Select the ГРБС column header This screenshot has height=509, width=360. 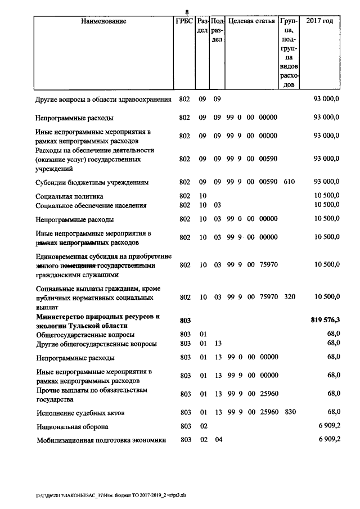click(x=184, y=21)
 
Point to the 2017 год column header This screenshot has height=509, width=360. click(x=319, y=21)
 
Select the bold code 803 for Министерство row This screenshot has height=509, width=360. click(x=185, y=320)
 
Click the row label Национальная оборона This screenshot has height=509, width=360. click(x=72, y=427)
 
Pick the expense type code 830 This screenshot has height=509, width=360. click(x=289, y=412)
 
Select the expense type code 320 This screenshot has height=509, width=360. click(x=289, y=296)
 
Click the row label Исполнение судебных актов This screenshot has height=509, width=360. click(x=80, y=413)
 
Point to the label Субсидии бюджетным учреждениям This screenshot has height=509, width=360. click(x=92, y=183)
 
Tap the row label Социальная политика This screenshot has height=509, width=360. click(x=69, y=196)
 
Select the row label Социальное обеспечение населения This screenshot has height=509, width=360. click(x=91, y=205)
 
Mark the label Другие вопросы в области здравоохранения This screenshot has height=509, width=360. click(x=103, y=100)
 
